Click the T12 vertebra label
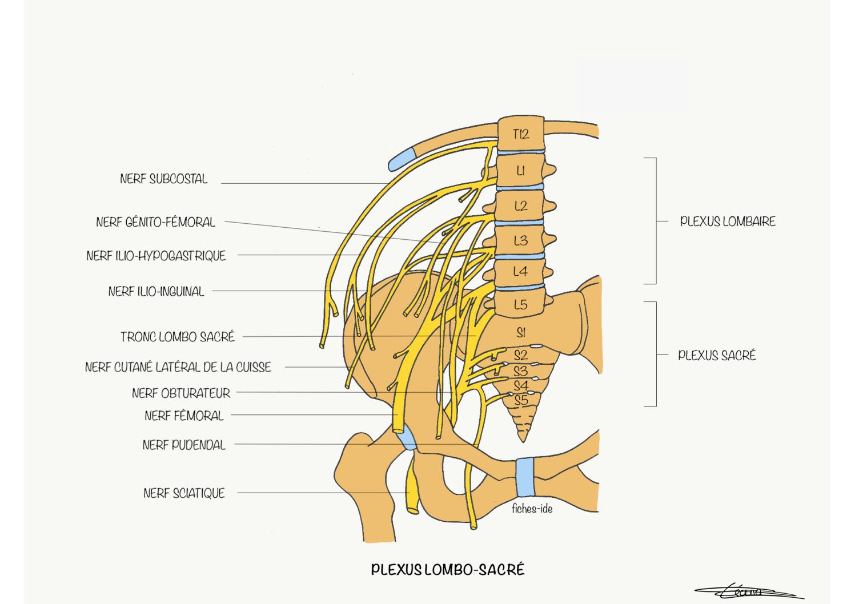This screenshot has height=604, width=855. tap(520, 135)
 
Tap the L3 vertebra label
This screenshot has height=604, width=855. tap(520, 241)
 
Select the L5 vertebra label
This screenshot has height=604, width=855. tap(520, 305)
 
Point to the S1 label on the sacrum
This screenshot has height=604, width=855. tap(520, 332)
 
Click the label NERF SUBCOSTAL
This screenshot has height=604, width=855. tap(163, 179)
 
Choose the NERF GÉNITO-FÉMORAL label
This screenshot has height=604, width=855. tap(155, 222)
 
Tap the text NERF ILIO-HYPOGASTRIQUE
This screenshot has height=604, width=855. tap(156, 256)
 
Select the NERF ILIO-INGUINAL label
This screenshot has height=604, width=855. tap(156, 292)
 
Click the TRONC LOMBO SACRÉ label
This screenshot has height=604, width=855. tap(177, 337)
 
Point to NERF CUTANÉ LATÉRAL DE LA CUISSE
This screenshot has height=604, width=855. tap(178, 367)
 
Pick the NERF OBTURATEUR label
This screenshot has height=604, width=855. tap(180, 393)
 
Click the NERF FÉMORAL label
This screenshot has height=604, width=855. tap(183, 416)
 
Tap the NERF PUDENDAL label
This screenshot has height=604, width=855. tap(183, 445)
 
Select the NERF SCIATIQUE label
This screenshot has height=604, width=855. tap(183, 493)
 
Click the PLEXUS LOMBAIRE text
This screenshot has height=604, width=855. tap(727, 222)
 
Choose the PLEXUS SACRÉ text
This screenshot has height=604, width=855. tap(716, 356)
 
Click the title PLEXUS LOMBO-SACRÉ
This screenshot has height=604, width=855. tap(447, 570)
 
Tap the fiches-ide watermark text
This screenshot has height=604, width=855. tap(532, 508)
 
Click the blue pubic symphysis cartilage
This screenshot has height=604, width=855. tap(525, 477)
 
